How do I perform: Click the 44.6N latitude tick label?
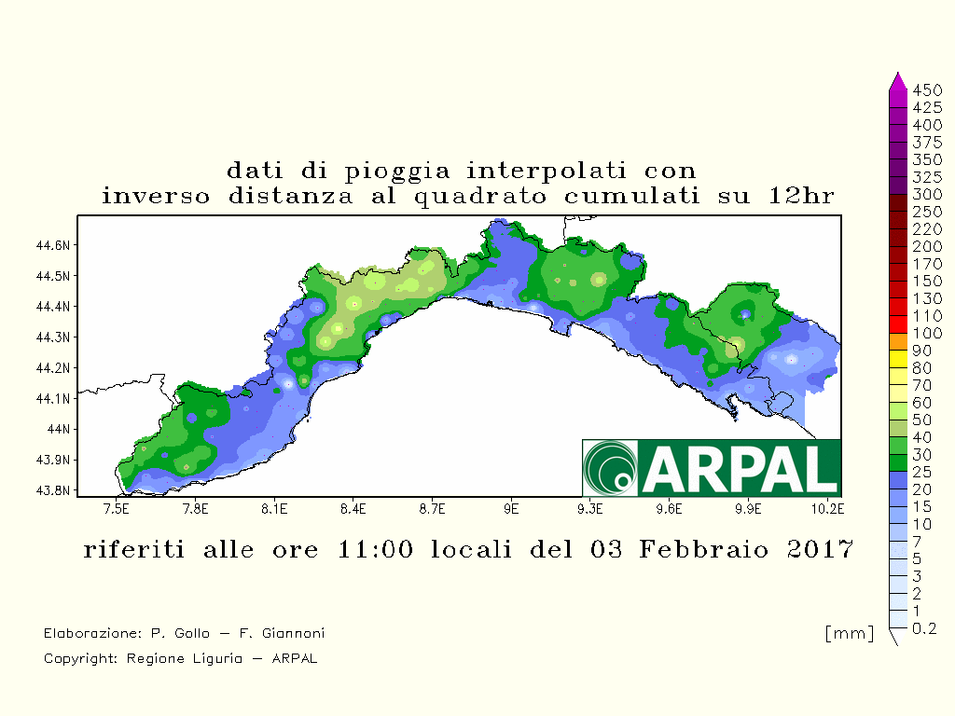[x=53, y=245]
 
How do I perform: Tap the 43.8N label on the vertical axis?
[x=53, y=490]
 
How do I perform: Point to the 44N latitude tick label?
[x=59, y=429]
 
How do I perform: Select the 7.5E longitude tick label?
[x=117, y=509]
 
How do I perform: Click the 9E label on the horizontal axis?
[x=511, y=509]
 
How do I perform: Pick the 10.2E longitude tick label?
[x=828, y=509]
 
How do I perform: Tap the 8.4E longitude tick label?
[x=353, y=509]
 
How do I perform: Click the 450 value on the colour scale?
[x=927, y=90]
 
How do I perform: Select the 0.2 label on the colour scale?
[x=924, y=628]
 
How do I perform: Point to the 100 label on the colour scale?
[x=927, y=333]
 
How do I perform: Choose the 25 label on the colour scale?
[x=922, y=472]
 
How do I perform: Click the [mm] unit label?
[x=850, y=633]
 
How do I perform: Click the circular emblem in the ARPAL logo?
[x=610, y=468]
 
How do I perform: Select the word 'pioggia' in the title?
[x=397, y=172]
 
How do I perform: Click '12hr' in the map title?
[x=801, y=196]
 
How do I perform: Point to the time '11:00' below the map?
[x=375, y=549]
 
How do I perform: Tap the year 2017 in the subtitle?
[x=820, y=549]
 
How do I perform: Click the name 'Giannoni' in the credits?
[x=293, y=633]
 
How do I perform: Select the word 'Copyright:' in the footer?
[x=80, y=659]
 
